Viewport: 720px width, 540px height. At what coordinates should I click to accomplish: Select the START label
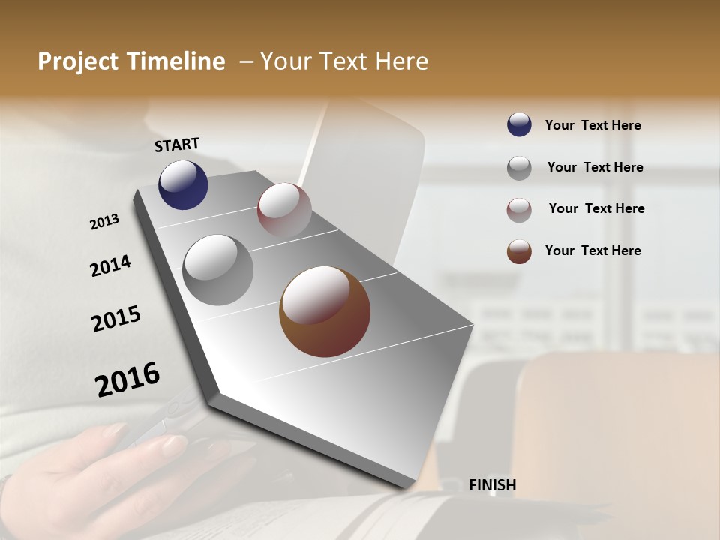177,145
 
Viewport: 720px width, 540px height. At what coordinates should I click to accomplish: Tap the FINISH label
492,485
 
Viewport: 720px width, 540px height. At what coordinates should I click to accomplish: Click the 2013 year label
104,222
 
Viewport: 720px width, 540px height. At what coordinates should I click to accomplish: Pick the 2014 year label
110,265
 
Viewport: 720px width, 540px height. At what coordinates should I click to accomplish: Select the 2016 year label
127,379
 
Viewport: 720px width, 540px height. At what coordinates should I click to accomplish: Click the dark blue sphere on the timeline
183,185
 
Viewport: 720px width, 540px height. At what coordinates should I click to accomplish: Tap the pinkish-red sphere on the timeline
284,210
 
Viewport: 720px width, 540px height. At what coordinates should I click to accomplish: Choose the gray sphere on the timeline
218,269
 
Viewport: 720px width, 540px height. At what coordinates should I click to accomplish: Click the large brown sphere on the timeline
325,311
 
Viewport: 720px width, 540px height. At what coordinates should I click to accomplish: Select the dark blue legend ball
519,124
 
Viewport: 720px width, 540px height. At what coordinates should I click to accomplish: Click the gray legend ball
519,168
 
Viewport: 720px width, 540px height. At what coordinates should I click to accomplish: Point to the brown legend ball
519,251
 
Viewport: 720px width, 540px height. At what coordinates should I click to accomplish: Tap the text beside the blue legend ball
592,125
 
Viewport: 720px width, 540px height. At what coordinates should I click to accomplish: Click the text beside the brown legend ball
592,250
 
